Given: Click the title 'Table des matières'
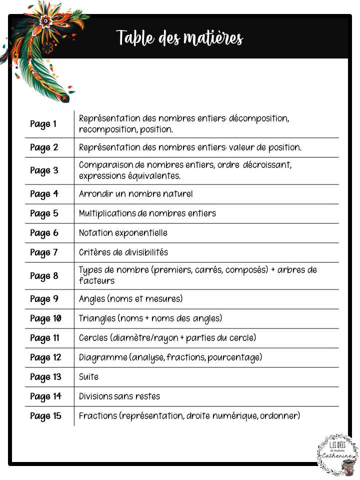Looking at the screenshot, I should pyautogui.click(x=179, y=38).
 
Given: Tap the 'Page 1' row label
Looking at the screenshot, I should pyautogui.click(x=43, y=124).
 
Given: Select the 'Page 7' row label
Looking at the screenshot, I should pyautogui.click(x=44, y=252).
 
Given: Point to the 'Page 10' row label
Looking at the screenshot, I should pyautogui.click(x=45, y=318).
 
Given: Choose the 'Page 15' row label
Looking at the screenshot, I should pyautogui.click(x=45, y=416).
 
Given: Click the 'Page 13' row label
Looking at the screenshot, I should pyautogui.click(x=45, y=377).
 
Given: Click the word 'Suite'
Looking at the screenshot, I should pyautogui.click(x=88, y=377).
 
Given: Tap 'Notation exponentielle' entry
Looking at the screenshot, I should pyautogui.click(x=123, y=233).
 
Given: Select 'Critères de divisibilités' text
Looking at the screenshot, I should pyautogui.click(x=123, y=252).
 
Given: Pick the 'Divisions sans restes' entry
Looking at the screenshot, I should pyautogui.click(x=119, y=396).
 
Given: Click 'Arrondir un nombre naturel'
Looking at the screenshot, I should pyautogui.click(x=135, y=194).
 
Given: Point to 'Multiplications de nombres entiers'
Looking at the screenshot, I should pyautogui.click(x=147, y=213).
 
